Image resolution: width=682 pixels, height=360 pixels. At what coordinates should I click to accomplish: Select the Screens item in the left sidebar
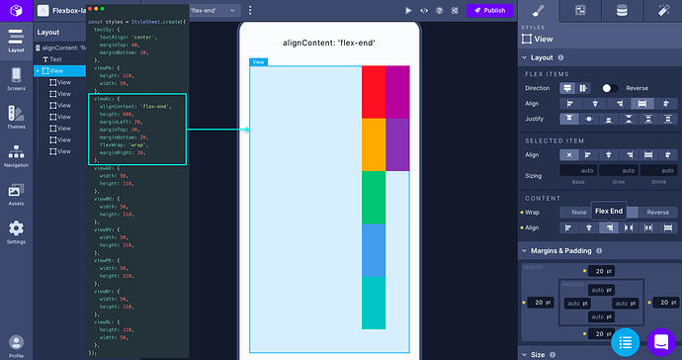[x=16, y=79]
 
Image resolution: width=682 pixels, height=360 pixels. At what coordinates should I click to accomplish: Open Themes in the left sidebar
[x=16, y=117]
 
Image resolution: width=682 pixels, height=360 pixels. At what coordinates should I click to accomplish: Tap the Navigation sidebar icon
[x=16, y=155]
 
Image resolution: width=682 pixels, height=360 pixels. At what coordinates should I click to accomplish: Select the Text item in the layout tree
[x=55, y=59]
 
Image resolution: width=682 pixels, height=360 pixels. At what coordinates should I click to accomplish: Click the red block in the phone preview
[x=374, y=92]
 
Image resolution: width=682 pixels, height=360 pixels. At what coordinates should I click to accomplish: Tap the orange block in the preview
[x=374, y=144]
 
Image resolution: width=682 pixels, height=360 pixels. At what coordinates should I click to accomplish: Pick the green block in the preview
[x=374, y=197]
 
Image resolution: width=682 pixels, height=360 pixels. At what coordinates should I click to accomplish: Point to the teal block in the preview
[x=374, y=303]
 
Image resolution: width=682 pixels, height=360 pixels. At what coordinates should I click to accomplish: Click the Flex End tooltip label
[x=609, y=211]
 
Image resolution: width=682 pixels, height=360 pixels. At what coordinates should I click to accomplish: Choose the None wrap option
[x=577, y=213]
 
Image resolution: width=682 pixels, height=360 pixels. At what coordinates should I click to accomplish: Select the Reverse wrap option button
[x=657, y=213]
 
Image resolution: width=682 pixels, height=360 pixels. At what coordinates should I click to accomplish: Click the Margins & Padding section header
[x=568, y=251]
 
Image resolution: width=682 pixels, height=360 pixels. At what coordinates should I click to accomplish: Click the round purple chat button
[x=659, y=342]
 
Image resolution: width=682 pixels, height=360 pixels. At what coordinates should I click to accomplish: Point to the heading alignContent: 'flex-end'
[x=329, y=43]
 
